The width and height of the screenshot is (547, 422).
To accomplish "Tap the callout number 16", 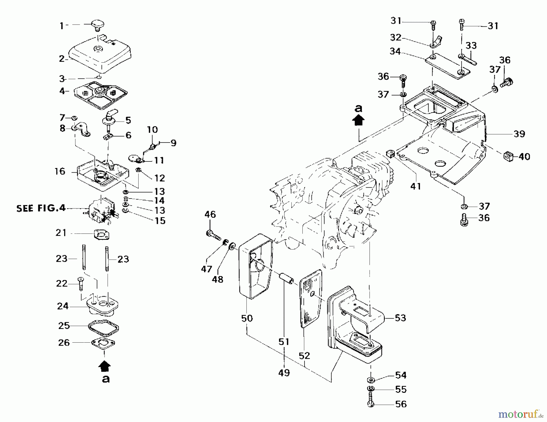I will (x=60, y=171).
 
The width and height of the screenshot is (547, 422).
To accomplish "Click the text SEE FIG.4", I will (x=41, y=209).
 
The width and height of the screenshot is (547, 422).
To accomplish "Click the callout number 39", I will (x=519, y=134).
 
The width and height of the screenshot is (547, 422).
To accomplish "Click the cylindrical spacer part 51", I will (x=286, y=279).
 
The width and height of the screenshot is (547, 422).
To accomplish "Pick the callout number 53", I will (x=400, y=318).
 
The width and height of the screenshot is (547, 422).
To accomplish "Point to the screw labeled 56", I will (x=371, y=399).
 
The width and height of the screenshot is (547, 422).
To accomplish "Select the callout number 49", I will (x=284, y=373).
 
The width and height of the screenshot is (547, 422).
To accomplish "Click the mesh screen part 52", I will (x=311, y=299).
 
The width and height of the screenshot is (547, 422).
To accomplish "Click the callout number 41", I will (x=415, y=186).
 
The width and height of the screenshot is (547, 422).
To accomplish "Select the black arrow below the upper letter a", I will (x=359, y=121).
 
